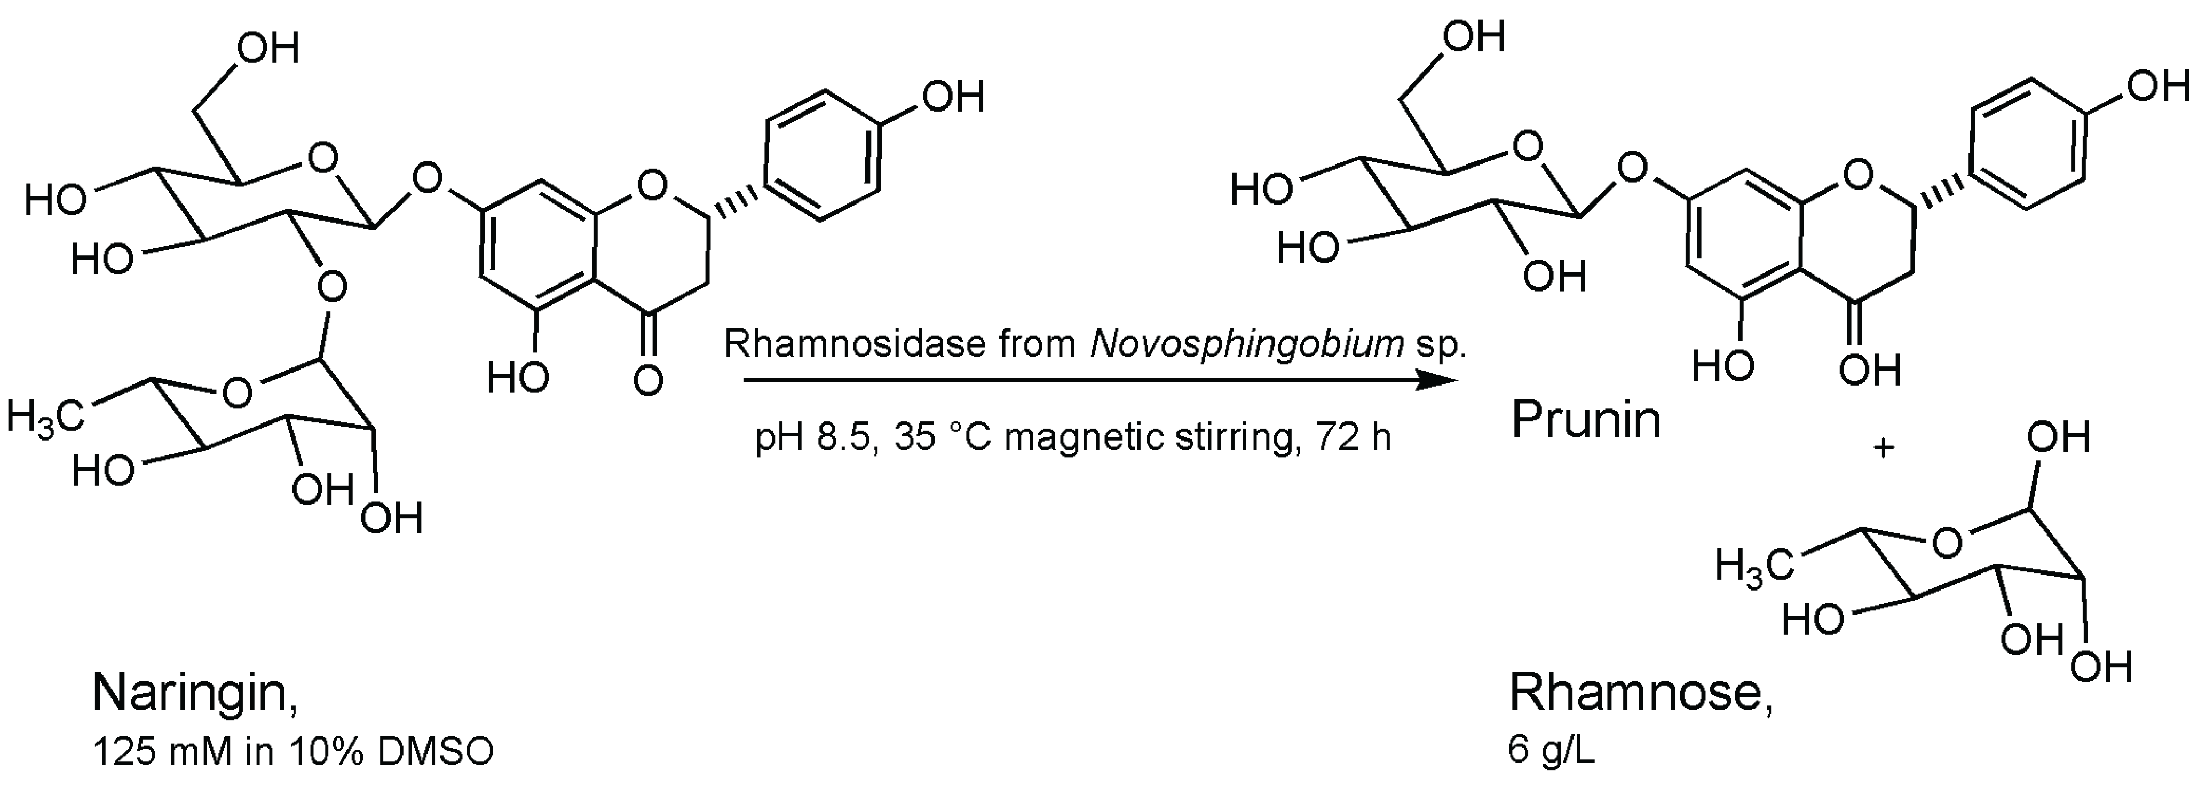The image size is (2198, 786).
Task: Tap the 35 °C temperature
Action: coord(943,438)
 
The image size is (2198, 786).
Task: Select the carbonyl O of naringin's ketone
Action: coord(649,380)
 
